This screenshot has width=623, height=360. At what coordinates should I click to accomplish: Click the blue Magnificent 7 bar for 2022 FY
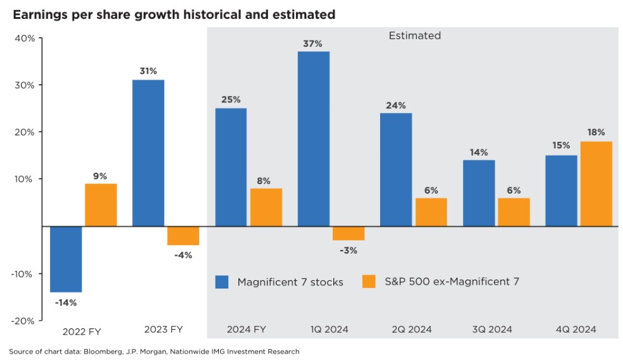click(x=66, y=259)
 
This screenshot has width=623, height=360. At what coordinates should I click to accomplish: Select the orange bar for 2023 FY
click(x=183, y=235)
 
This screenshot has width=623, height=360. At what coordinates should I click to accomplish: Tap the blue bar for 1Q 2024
click(x=314, y=139)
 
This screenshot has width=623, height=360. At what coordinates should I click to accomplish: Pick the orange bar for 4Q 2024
click(x=596, y=183)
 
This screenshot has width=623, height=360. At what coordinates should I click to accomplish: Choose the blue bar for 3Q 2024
click(x=479, y=193)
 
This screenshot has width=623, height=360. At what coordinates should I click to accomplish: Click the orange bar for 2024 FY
click(x=266, y=207)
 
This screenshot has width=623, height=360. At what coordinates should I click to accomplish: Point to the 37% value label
click(x=314, y=44)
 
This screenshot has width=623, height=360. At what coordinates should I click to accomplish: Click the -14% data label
click(x=66, y=302)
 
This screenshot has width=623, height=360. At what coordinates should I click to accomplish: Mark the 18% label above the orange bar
click(x=596, y=132)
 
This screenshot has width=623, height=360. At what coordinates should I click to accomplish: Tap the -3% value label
click(x=349, y=250)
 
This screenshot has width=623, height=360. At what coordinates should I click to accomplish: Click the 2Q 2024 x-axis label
click(x=410, y=330)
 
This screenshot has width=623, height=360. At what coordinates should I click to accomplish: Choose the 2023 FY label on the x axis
click(x=163, y=330)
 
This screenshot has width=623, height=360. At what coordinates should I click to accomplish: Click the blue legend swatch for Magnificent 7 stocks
click(x=222, y=282)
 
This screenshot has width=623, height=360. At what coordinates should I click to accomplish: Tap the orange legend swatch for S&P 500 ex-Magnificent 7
click(x=369, y=282)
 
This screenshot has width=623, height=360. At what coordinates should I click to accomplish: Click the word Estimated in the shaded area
click(x=414, y=36)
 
